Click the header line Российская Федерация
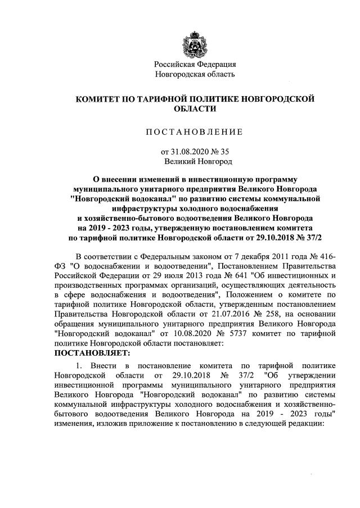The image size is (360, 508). click(x=195, y=64)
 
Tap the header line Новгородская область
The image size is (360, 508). click(x=195, y=74)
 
